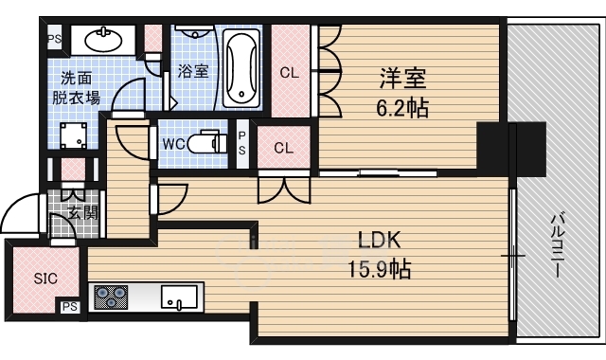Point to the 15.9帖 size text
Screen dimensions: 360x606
coord(380,270)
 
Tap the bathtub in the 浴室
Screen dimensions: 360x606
coord(242,67)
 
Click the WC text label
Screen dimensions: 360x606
coord(173,144)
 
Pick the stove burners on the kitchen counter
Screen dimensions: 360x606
coord(111,297)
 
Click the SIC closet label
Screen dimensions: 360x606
coord(45,279)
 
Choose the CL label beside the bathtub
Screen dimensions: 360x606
coord(290,71)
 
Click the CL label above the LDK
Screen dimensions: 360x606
coord(283,148)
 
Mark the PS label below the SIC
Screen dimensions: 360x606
coord(69,307)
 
